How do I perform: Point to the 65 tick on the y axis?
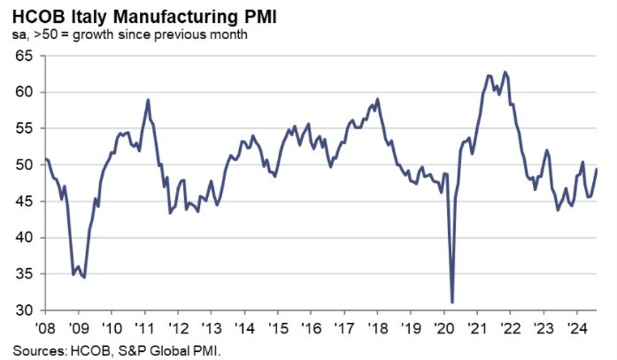tap(24, 56)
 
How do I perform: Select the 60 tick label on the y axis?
tap(24, 92)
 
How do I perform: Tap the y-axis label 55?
tap(24, 128)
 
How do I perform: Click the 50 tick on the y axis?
tap(24, 165)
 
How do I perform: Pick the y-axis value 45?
tap(24, 202)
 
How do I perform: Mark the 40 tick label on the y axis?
tap(24, 238)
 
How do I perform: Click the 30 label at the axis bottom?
tap(24, 311)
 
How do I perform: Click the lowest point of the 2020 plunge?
tap(452, 302)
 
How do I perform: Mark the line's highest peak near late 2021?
tap(504, 71)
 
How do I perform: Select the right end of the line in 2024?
tap(597, 169)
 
